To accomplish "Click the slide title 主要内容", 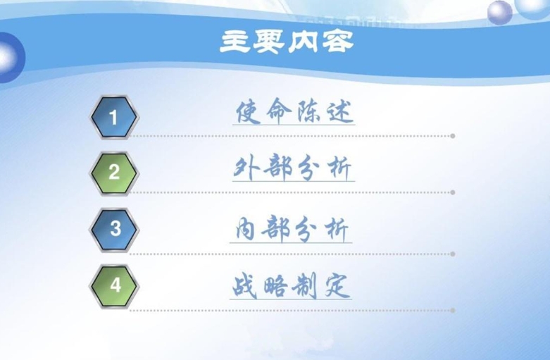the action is click(287, 42).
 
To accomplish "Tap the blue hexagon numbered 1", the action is click(114, 117).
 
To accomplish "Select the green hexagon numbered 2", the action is click(114, 173).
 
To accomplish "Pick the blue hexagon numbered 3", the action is click(114, 230).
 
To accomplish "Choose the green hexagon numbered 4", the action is click(114, 286).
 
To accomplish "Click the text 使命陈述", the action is click(294, 111).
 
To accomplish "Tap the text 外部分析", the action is click(292, 168).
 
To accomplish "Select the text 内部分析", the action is click(292, 230).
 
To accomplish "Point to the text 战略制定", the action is click(290, 286).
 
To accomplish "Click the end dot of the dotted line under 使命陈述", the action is click(453, 136).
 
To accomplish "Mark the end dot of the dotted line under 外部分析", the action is click(453, 192).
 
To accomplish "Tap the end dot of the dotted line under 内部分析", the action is click(453, 254).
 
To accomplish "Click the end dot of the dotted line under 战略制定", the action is click(453, 311).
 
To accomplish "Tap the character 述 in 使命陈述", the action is click(339, 112).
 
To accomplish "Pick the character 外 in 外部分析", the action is click(246, 168).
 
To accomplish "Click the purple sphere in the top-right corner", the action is click(500, 13).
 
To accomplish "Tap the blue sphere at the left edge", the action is click(11, 58).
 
